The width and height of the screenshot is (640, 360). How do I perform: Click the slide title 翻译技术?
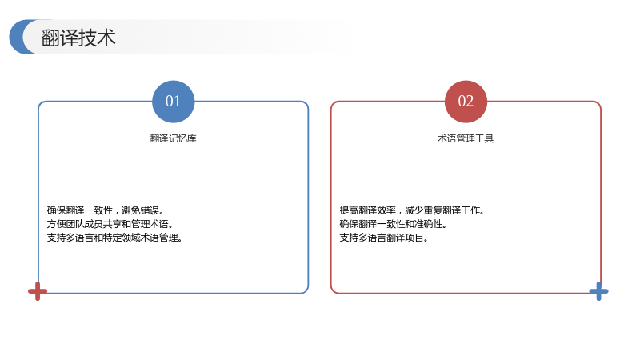pyautogui.click(x=78, y=38)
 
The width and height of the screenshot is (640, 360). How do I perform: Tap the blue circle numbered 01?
pyautogui.click(x=173, y=102)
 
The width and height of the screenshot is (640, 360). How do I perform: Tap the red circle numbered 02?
pyautogui.click(x=466, y=102)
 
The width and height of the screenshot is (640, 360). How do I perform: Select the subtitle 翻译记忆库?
pyautogui.click(x=173, y=138)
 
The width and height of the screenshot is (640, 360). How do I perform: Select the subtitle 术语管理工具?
pyautogui.click(x=466, y=138)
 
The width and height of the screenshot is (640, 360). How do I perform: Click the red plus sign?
pyautogui.click(x=38, y=291)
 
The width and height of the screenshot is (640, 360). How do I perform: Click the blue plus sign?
pyautogui.click(x=598, y=291)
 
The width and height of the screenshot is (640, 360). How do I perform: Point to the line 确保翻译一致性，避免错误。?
pyautogui.click(x=106, y=210)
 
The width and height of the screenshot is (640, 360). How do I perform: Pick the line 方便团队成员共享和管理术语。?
pyautogui.click(x=110, y=224)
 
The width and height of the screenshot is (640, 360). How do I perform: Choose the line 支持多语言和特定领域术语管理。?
pyautogui.click(x=114, y=237)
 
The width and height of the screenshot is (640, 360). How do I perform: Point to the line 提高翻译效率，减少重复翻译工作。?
pyautogui.click(x=412, y=210)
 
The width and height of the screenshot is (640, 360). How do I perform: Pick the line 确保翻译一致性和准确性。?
pyautogui.click(x=393, y=224)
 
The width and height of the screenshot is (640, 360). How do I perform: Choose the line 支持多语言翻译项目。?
pyautogui.click(x=384, y=237)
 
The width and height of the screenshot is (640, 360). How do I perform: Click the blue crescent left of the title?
pyautogui.click(x=16, y=37)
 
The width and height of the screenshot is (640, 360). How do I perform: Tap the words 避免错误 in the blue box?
pyautogui.click(x=140, y=210)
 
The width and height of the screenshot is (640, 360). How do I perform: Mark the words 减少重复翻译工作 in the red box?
pyautogui.click(x=442, y=210)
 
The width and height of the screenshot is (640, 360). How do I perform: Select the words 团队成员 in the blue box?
pyautogui.click(x=85, y=224)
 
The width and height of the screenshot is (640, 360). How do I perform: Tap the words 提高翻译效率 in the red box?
pyautogui.click(x=368, y=210)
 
